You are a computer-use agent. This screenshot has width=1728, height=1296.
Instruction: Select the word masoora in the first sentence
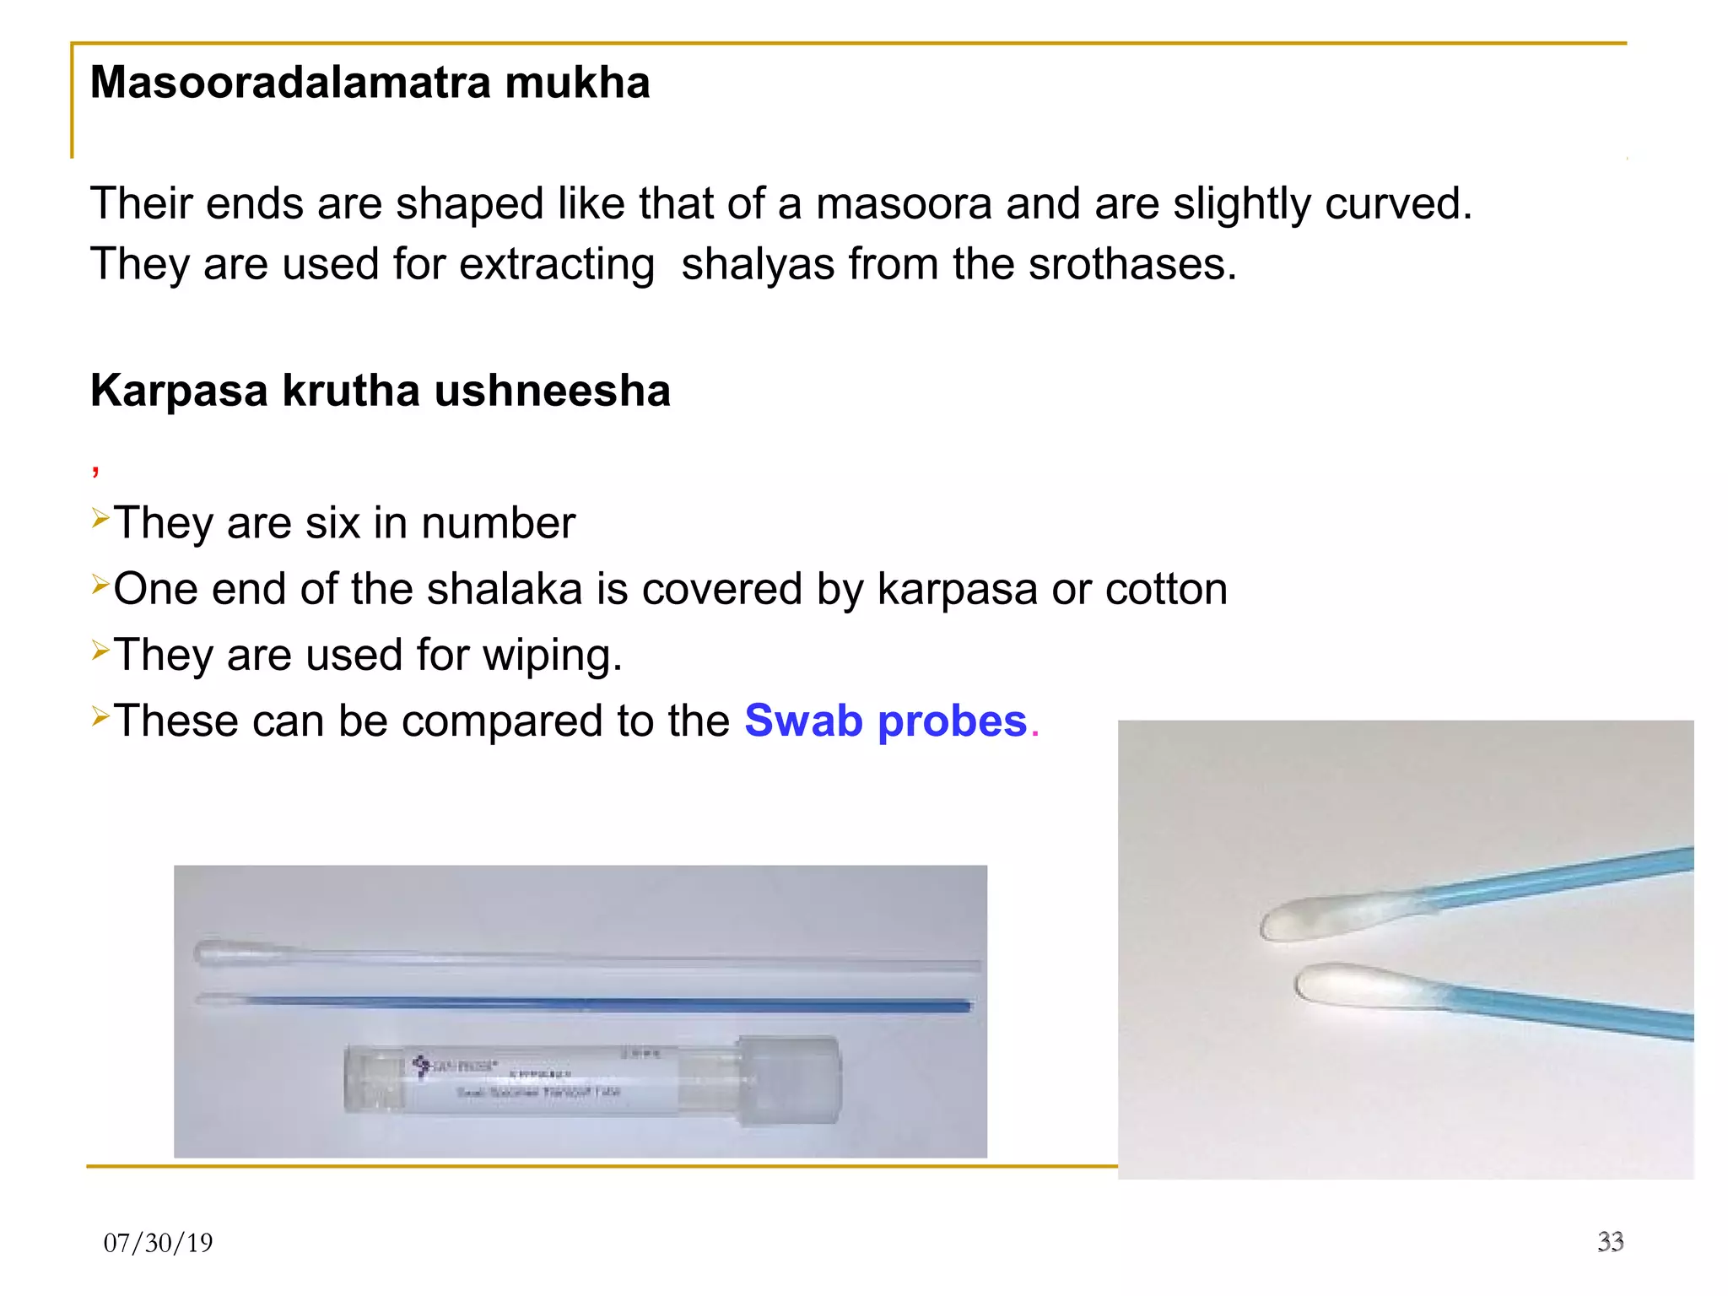pos(903,204)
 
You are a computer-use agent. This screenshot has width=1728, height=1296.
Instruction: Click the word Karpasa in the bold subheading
pos(179,391)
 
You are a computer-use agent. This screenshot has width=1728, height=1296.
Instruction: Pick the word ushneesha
pos(552,391)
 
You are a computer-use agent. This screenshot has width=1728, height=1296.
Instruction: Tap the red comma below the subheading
pos(96,470)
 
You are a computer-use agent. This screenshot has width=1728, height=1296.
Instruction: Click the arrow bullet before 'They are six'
pos(100,517)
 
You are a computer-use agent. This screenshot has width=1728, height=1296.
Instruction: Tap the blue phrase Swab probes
pos(885,721)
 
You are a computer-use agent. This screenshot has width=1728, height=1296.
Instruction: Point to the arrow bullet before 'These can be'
pos(100,716)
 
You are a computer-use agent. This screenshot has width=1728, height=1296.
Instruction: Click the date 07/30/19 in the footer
pos(158,1243)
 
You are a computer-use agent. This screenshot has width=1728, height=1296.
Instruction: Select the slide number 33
pos(1610,1241)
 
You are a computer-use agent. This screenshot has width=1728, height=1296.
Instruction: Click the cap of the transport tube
pos(790,1081)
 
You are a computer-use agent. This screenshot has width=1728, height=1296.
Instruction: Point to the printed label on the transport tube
pos(532,1080)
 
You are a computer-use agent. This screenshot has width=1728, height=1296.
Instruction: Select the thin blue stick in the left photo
pos(591,1003)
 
